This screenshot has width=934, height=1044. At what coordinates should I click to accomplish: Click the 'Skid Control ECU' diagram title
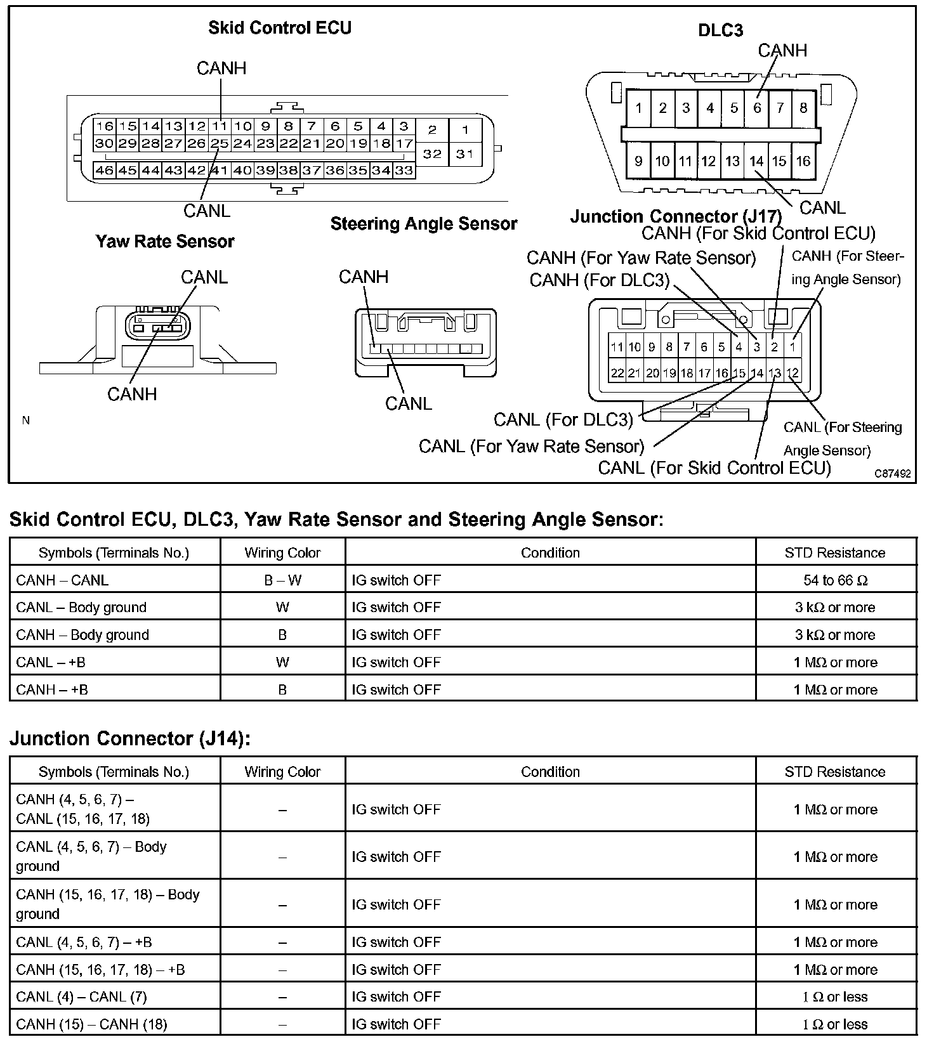point(280,28)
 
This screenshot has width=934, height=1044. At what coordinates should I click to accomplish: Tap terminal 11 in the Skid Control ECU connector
point(220,126)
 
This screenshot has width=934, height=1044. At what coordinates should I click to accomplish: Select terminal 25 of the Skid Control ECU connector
point(220,143)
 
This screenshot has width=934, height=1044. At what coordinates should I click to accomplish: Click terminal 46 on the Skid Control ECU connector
point(104,170)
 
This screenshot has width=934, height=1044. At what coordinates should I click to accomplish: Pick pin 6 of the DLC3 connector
point(757,108)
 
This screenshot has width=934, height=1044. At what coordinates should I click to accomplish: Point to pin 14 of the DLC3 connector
point(756,161)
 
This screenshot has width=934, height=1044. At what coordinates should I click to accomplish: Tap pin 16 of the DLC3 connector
point(803,161)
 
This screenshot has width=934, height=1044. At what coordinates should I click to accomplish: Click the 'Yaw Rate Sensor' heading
point(165,242)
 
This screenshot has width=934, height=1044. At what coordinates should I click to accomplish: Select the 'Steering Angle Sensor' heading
point(424,224)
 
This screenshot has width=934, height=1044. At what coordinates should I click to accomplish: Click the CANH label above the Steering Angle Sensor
point(364,277)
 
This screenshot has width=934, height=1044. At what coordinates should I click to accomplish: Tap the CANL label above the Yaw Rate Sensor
point(204,277)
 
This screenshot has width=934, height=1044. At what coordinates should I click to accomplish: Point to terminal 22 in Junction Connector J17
point(617,374)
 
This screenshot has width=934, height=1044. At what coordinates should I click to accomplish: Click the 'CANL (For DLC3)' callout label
point(563,420)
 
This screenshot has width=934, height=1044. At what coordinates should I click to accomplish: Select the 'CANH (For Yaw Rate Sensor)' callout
point(641,258)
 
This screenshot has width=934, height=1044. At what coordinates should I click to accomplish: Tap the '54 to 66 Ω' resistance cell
point(835,580)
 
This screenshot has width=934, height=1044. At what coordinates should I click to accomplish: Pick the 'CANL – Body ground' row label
point(81,608)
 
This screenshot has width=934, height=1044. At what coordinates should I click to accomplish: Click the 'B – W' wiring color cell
point(282,580)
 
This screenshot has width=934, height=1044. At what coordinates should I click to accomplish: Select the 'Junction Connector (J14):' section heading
point(130,739)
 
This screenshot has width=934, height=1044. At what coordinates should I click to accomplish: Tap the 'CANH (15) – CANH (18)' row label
point(91,1024)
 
